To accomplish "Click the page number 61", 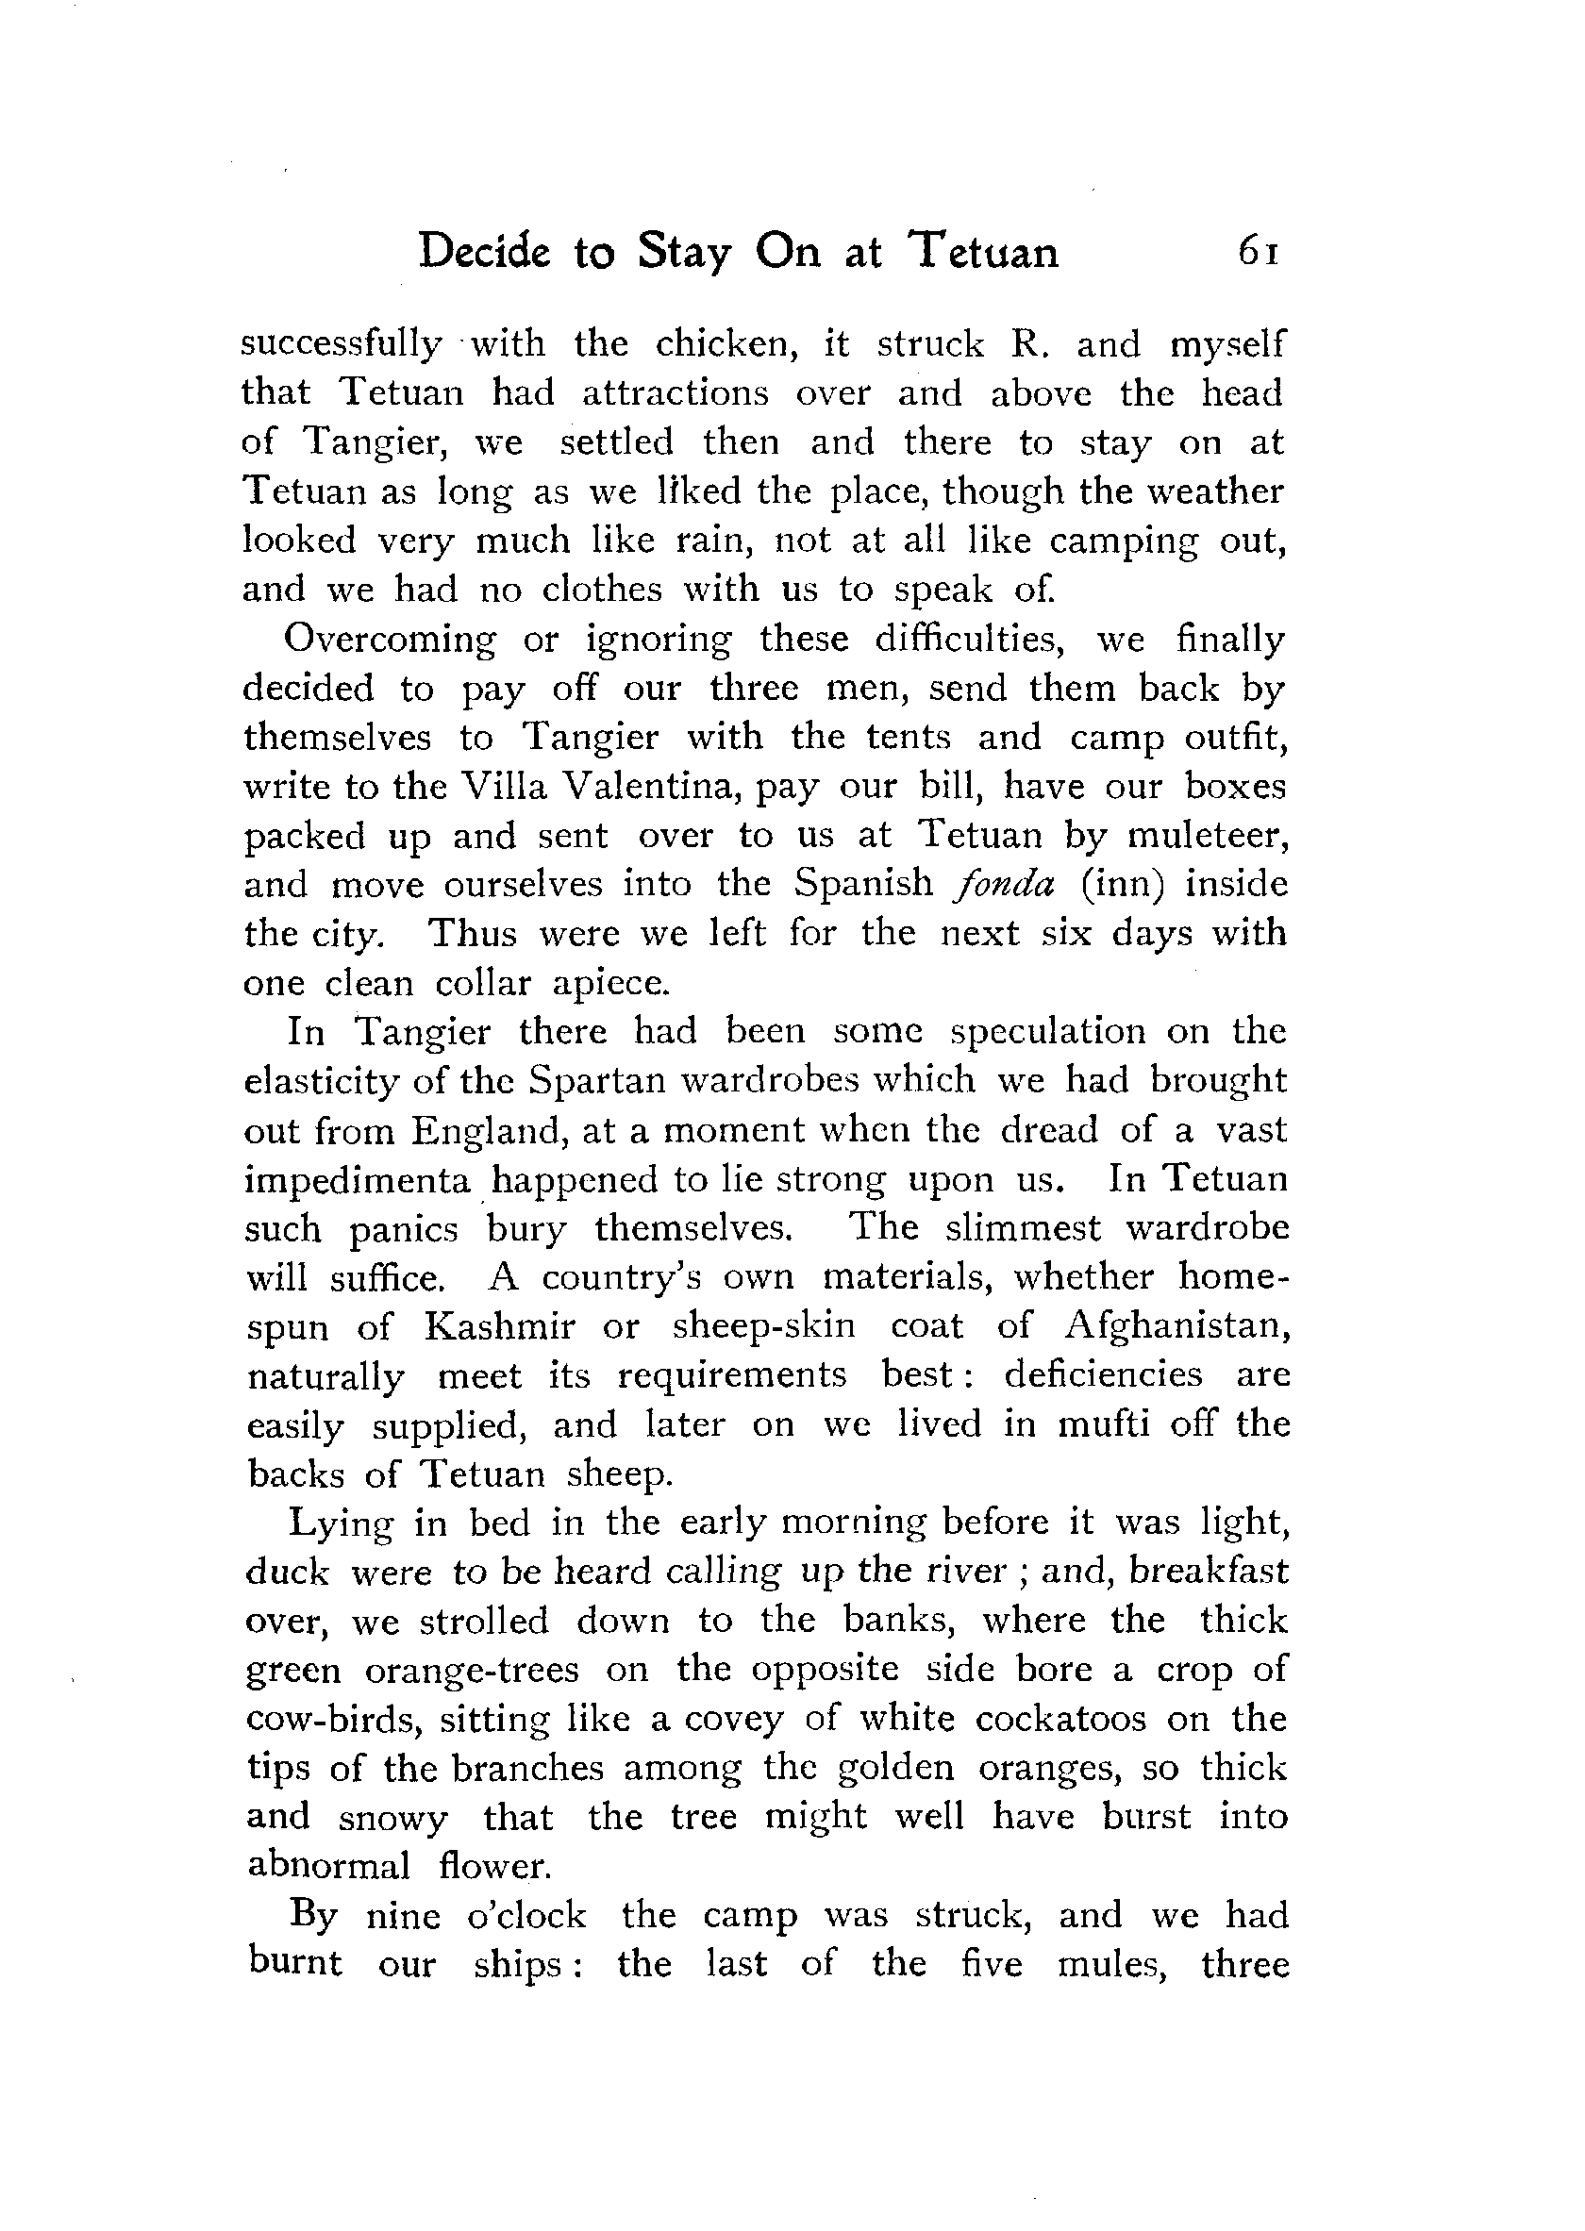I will pos(1257,253).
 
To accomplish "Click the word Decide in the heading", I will pos(483,253).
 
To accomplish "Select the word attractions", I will pos(676,393).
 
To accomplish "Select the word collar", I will pos(484,983).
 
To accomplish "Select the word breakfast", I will pos(1209,1573).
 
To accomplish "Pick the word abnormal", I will pos(329,1866).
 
